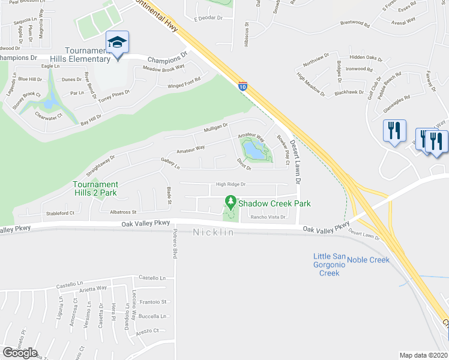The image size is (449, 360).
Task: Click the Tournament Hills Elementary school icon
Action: [117, 41]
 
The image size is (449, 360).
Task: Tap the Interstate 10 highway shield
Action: [243, 86]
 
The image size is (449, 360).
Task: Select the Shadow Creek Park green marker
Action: [229, 202]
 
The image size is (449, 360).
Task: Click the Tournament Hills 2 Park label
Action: [95, 188]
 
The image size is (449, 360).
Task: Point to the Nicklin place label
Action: [213, 232]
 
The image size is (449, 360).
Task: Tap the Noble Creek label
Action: [368, 260]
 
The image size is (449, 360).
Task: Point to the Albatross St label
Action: [123, 212]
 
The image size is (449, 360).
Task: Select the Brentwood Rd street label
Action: [355, 23]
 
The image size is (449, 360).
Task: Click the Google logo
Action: [20, 353]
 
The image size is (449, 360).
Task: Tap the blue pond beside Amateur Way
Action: [255, 152]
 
